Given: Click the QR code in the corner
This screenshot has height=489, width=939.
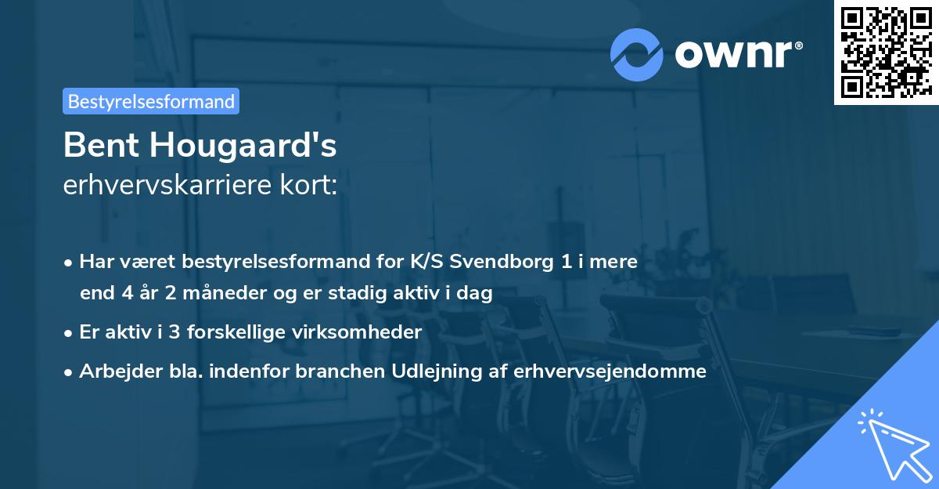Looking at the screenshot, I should (x=885, y=52).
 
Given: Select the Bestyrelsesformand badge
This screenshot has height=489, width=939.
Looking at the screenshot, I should (x=151, y=101).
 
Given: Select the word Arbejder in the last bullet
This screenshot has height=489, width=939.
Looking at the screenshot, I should (x=114, y=371).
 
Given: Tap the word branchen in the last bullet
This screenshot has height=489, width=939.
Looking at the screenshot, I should (x=339, y=371).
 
